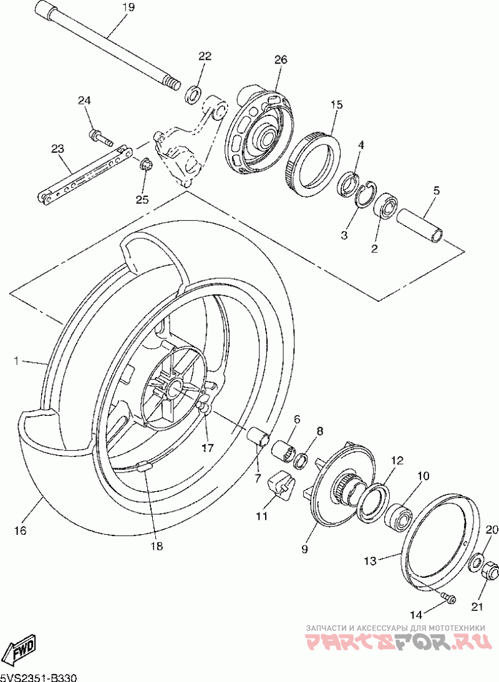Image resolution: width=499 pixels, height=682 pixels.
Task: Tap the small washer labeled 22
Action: (193, 95)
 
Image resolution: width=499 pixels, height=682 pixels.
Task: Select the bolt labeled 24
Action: (100, 137)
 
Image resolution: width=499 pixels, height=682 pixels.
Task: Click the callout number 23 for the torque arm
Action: (58, 149)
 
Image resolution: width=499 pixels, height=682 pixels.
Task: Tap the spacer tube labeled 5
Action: (420, 225)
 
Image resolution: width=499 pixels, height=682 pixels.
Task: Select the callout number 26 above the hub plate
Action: (281, 60)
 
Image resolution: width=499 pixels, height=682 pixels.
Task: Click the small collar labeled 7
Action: (258, 437)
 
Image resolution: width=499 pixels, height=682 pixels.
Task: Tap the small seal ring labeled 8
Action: (301, 461)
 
